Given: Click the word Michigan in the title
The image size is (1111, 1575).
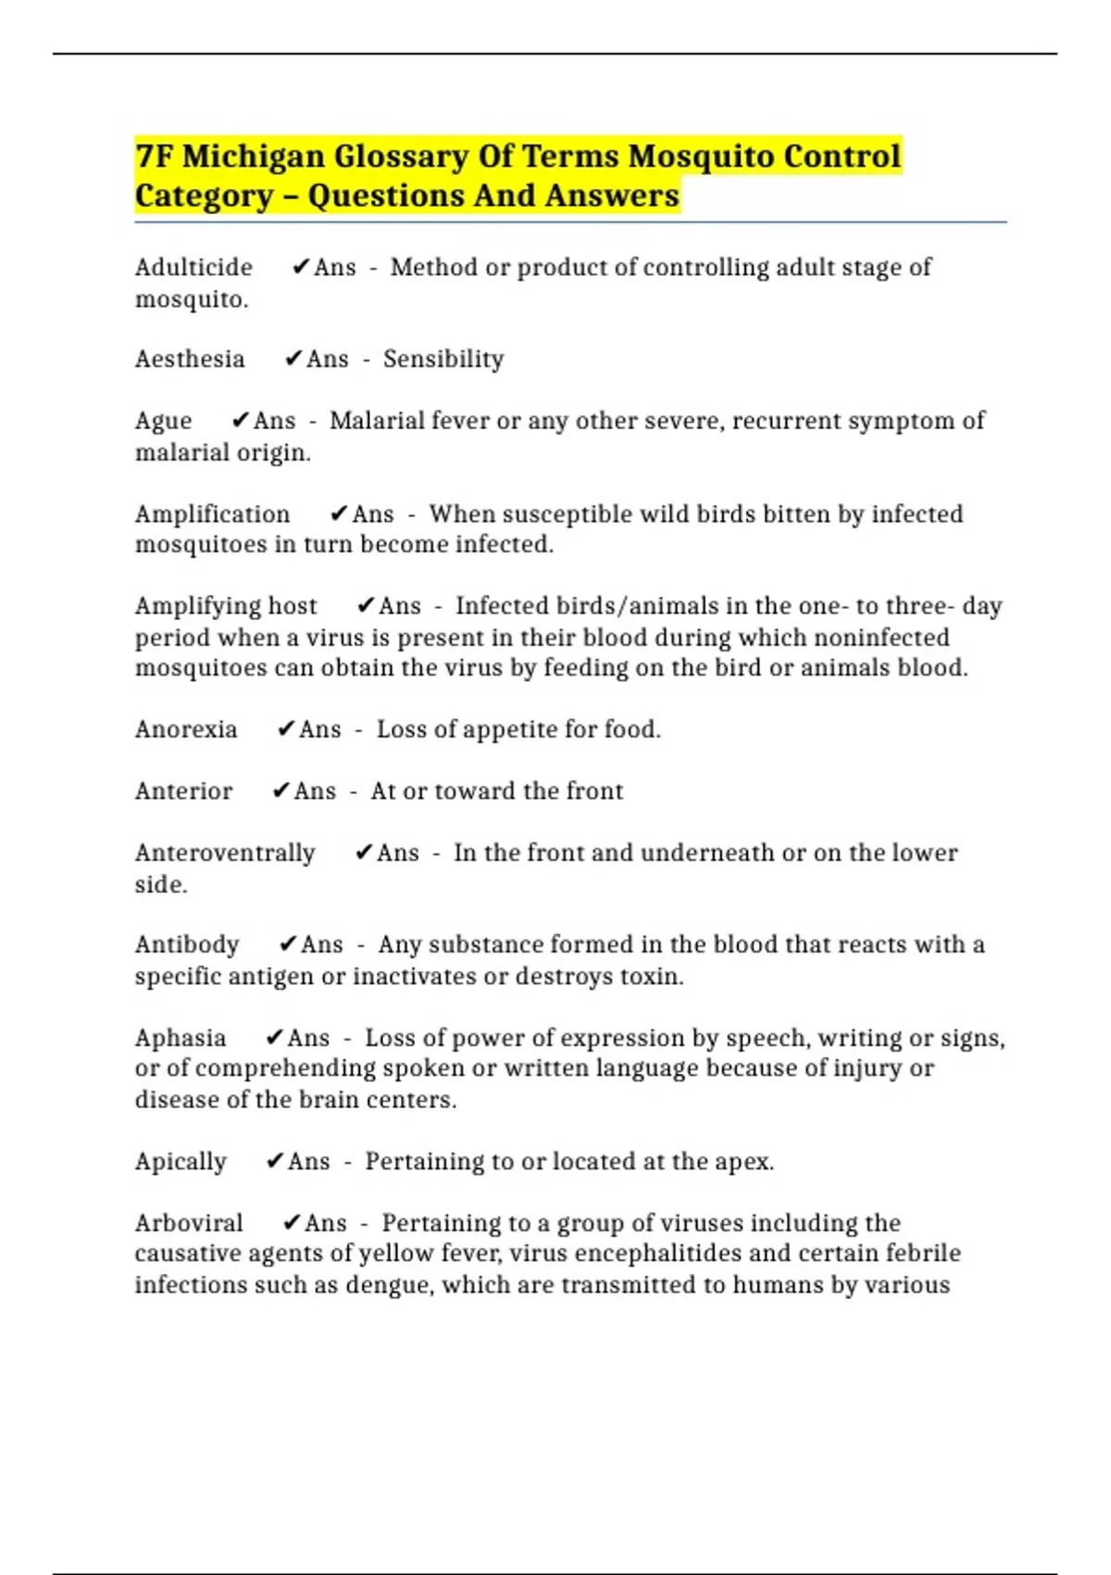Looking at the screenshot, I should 253,157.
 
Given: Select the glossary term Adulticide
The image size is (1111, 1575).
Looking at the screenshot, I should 193,268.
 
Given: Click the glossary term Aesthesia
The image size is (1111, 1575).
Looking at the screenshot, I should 190,359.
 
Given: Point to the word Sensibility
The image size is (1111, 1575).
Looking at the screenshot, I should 443,359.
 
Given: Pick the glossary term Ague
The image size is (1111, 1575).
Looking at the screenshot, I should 163,422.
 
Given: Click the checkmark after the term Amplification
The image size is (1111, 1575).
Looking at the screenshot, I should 339,513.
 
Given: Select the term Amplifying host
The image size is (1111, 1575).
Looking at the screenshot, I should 226,606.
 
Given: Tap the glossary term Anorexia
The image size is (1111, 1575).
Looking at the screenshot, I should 186,730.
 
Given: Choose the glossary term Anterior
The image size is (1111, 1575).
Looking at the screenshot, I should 183,791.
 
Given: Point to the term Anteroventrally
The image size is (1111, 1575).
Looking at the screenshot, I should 225,853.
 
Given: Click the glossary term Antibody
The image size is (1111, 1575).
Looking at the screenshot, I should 187,945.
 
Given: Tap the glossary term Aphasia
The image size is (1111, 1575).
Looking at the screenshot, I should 181,1038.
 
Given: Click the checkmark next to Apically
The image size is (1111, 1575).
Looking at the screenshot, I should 274,1161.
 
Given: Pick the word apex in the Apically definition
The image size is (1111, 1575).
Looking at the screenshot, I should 743,1162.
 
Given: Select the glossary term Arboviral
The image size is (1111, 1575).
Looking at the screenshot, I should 189,1223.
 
